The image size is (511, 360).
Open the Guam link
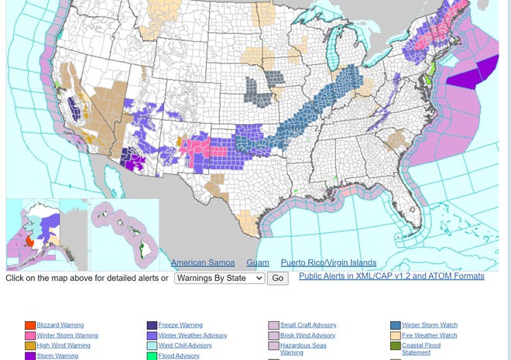(258, 263)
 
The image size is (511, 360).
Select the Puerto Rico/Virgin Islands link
(328, 263)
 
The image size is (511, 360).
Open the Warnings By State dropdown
(220, 278)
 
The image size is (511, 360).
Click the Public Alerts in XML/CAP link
(391, 276)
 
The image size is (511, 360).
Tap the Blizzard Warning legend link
(60, 325)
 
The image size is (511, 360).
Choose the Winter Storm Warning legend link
(67, 335)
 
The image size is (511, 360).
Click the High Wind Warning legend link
(63, 345)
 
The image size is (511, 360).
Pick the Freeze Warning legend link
(180, 325)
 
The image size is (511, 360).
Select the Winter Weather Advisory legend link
(193, 335)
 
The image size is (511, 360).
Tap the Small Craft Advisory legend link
(308, 325)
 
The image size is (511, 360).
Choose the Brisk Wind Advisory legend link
(307, 335)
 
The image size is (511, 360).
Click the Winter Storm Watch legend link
(430, 325)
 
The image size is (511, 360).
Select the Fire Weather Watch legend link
(429, 335)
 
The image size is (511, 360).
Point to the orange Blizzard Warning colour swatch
(30, 326)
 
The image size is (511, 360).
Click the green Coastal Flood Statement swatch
(396, 346)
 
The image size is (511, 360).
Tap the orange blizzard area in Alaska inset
(30, 242)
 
